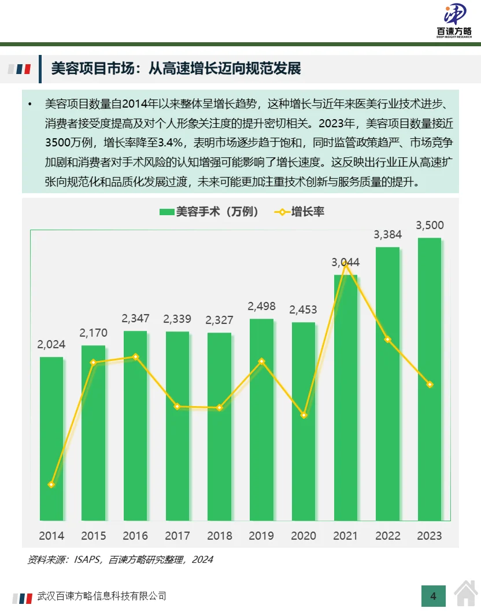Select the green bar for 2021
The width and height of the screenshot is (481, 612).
[x=346, y=399]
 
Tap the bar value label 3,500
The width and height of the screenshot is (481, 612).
[x=430, y=225]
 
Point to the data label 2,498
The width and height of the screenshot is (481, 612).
[x=261, y=306]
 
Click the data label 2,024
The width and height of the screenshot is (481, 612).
[x=51, y=344]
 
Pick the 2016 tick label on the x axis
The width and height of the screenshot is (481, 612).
[x=135, y=536]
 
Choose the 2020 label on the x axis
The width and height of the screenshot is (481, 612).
[x=304, y=536]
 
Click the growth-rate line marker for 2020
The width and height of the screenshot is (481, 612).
[x=304, y=415]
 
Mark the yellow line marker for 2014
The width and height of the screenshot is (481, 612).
[x=51, y=485]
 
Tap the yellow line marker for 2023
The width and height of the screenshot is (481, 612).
[x=430, y=384]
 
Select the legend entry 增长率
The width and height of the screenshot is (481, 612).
[x=299, y=212]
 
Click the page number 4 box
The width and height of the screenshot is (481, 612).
[x=433, y=595]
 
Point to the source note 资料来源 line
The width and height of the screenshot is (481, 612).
[x=120, y=559]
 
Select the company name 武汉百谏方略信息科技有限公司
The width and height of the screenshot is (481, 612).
[x=102, y=596]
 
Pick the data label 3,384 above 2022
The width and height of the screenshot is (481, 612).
[x=387, y=234]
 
